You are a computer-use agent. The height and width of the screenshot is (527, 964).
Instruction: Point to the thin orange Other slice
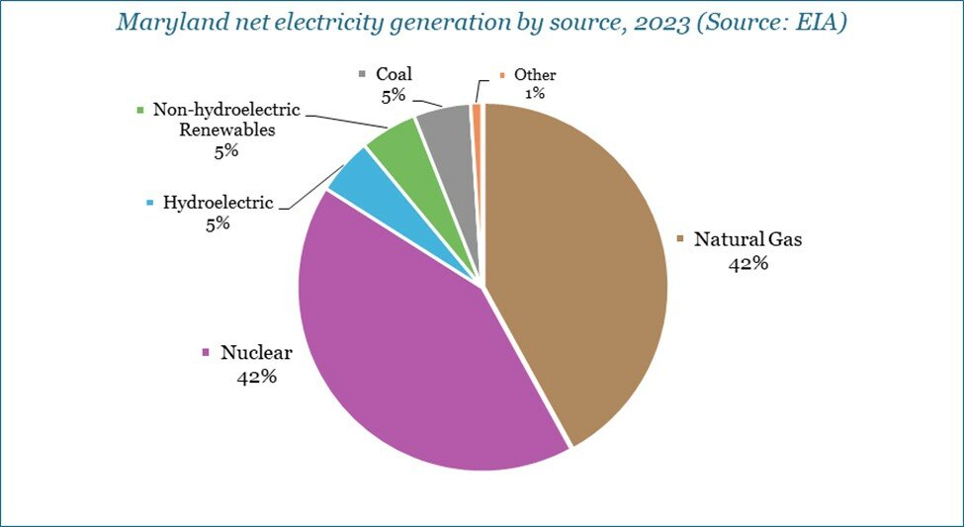click(x=477, y=117)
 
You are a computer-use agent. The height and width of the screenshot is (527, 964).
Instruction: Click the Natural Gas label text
click(x=747, y=239)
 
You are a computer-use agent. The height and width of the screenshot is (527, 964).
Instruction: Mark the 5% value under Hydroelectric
click(x=218, y=223)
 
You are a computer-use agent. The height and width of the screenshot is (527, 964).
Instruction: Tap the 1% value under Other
click(x=536, y=93)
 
